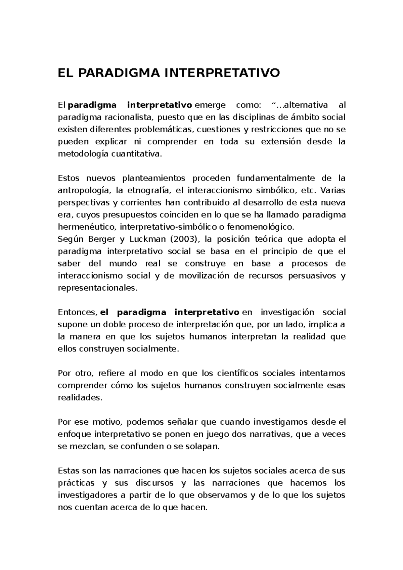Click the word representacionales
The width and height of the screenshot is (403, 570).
98,288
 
